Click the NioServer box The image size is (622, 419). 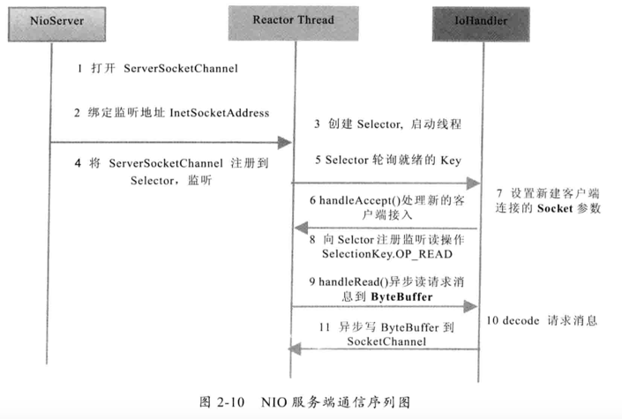coord(56,24)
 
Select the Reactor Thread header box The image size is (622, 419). coord(294,23)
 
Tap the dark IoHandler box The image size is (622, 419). coord(481,24)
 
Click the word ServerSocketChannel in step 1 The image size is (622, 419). coord(181,68)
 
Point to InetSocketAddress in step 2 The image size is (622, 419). coord(220,113)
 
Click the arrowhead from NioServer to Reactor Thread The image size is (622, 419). coord(285,142)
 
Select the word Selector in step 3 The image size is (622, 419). coord(379,124)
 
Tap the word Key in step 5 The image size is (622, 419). coord(451,161)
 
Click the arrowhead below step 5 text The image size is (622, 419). coord(473,183)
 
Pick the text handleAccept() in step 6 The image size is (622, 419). coord(360,200)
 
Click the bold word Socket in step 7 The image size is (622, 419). coord(555,208)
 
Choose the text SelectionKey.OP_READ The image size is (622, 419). coord(387,254)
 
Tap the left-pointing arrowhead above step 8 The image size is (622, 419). coord(302,228)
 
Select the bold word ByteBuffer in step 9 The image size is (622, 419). coord(401,296)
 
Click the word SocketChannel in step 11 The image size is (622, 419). coord(386,341)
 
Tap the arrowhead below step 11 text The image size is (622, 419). coord(295,349)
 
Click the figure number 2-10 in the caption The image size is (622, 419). coord(230,402)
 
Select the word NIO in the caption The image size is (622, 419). coord(274,402)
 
